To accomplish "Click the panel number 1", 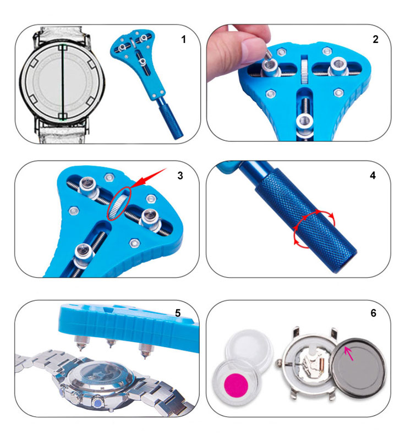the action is pyautogui.click(x=184, y=39).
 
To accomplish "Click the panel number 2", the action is pyautogui.click(x=375, y=39).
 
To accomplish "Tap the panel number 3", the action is pyautogui.click(x=180, y=175).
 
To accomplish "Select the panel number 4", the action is pyautogui.click(x=373, y=175).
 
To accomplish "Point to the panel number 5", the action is pyautogui.click(x=178, y=313).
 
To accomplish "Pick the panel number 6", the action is pyautogui.click(x=373, y=313).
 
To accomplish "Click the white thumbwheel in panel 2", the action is pyautogui.click(x=304, y=71).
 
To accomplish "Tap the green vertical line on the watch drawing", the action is pyautogui.click(x=63, y=82).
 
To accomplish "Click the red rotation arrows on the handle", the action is pyautogui.click(x=314, y=227).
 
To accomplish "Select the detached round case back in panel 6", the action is pyautogui.click(x=359, y=368).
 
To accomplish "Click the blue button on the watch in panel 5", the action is pyautogui.click(x=98, y=404).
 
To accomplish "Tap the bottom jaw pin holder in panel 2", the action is pyautogui.click(x=304, y=123).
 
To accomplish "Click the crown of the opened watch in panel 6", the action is pyautogui.click(x=280, y=364).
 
